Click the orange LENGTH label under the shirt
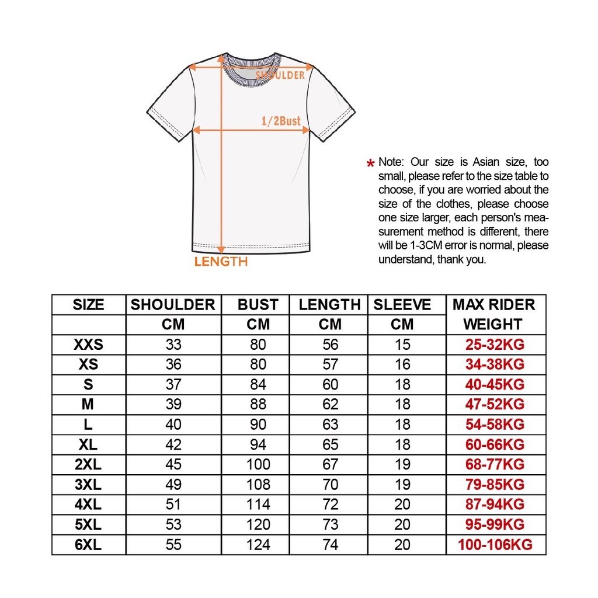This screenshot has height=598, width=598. pos(221,262)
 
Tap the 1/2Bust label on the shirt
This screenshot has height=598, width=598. pos(281,121)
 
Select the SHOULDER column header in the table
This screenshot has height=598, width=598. pos(173,305)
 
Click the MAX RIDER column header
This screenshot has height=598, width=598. pos(493,305)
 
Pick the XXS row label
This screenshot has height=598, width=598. pos(88,345)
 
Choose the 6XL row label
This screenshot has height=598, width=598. pos(88,545)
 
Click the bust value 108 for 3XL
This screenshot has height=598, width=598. pos(258,485)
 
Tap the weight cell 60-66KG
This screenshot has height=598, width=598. pos(495,445)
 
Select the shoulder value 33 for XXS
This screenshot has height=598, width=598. pos(173,345)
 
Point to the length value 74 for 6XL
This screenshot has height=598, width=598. pos(330,545)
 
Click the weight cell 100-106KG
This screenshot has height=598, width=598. pos(495,545)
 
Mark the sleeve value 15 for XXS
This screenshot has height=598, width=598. pos(402,345)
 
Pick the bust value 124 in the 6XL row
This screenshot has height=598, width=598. pos(258,545)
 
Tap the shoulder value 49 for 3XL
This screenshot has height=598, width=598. pos(173,485)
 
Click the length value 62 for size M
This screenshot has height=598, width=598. pos(330,404)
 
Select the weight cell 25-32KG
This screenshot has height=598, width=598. pos(495,345)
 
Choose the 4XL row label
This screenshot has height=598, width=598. pos(88,505)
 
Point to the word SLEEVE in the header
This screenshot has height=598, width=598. pos(402,305)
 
